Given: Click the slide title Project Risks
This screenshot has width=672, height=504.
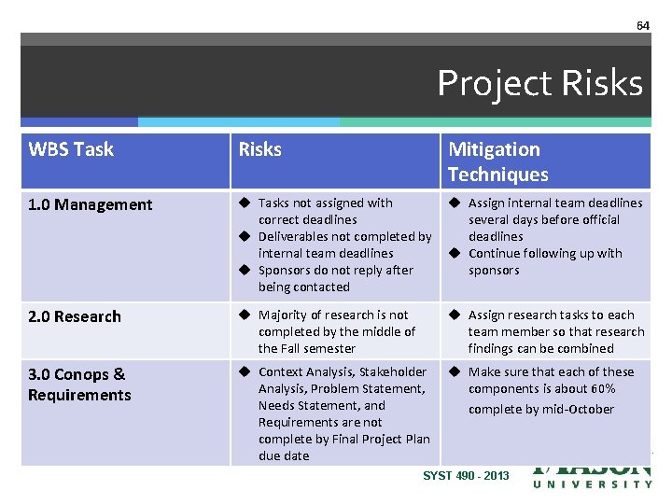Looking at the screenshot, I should (x=539, y=84).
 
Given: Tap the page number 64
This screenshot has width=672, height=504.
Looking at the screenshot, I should (x=642, y=25).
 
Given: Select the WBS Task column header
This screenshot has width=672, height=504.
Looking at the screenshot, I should (x=71, y=149).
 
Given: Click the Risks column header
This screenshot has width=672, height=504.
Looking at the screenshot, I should (x=260, y=149).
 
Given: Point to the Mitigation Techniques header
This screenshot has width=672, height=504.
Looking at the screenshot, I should (x=497, y=161).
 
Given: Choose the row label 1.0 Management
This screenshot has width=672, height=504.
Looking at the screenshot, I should (x=90, y=204).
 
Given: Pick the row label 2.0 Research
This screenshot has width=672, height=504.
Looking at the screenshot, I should (x=75, y=316).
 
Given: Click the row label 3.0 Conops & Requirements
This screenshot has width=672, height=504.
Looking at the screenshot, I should (x=79, y=385).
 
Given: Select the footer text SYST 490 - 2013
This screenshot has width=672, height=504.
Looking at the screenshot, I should (x=466, y=476).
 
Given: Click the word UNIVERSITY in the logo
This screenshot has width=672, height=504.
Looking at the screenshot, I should (x=593, y=483).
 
